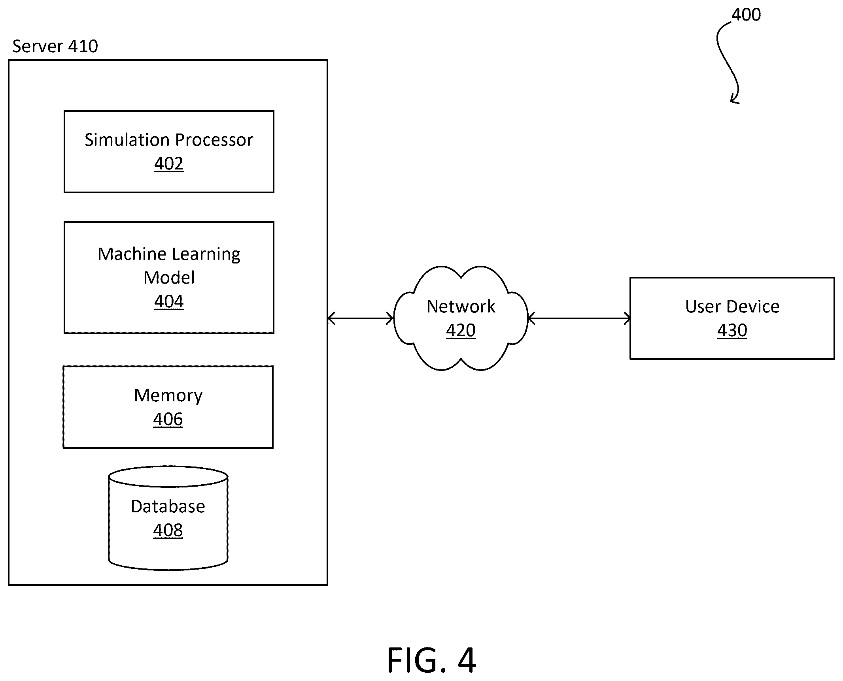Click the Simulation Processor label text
[x=169, y=140]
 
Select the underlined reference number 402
[x=169, y=164]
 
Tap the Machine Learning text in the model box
[x=169, y=254]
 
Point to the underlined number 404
[x=169, y=302]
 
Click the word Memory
[x=168, y=395]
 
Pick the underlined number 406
[x=168, y=419]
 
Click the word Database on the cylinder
[x=168, y=506]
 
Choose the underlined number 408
[x=168, y=530]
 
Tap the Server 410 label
[x=55, y=46]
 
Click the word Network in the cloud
[x=461, y=307]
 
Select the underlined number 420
[x=461, y=330]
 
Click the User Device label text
[x=732, y=307]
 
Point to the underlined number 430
[x=732, y=330]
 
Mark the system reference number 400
[x=746, y=15]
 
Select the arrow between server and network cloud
[x=361, y=318]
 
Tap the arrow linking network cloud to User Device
[x=579, y=318]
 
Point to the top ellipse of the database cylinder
[x=168, y=476]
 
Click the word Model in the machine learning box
[x=169, y=278]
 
